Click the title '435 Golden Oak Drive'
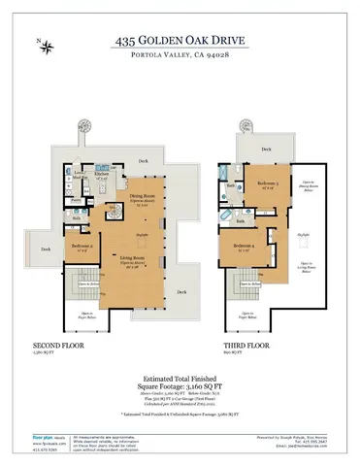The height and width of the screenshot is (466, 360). point(180,41)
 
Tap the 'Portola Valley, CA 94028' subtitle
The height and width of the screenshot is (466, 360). point(180,57)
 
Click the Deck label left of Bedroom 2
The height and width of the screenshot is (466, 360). point(45,250)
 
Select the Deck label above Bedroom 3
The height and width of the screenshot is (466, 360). point(266,149)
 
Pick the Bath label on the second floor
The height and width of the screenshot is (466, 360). point(76,217)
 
